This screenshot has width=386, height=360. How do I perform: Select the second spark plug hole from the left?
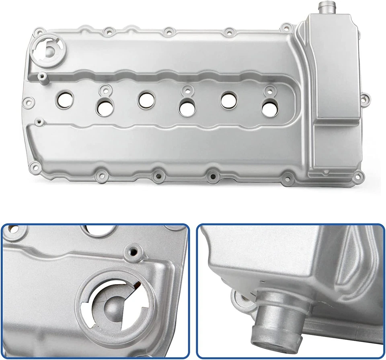[104, 106]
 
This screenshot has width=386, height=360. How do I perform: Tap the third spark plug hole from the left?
[146, 99]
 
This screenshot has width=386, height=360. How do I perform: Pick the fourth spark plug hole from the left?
[186, 108]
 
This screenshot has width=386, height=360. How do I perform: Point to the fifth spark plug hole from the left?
[228, 100]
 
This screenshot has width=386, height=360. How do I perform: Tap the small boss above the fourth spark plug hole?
[186, 90]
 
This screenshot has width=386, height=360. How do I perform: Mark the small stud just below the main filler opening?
[40, 75]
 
